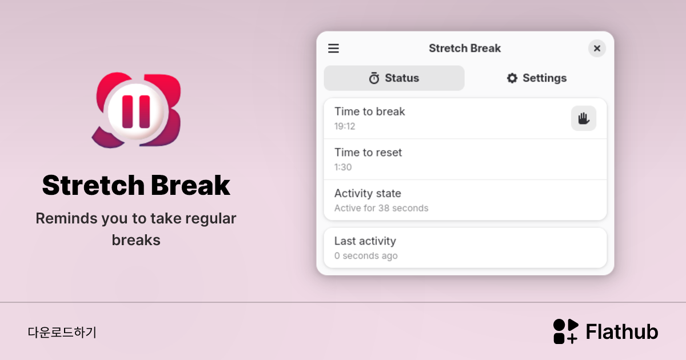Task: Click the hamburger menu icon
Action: tap(333, 49)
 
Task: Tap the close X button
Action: tap(597, 49)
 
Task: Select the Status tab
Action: tap(394, 78)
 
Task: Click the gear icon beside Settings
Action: tap(512, 78)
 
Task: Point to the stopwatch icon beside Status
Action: tap(374, 78)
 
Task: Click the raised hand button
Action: tap(583, 118)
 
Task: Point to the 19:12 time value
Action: tap(345, 126)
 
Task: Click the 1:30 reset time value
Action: tap(343, 167)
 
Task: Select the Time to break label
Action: tap(369, 111)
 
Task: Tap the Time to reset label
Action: tap(368, 153)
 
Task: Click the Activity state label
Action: tap(368, 194)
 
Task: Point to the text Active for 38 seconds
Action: tap(381, 208)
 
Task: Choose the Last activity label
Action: tap(365, 241)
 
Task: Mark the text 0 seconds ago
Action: tap(366, 256)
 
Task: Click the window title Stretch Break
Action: tap(465, 49)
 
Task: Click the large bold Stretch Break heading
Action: tap(136, 185)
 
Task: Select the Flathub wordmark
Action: tap(622, 332)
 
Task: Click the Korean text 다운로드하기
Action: tap(62, 332)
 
